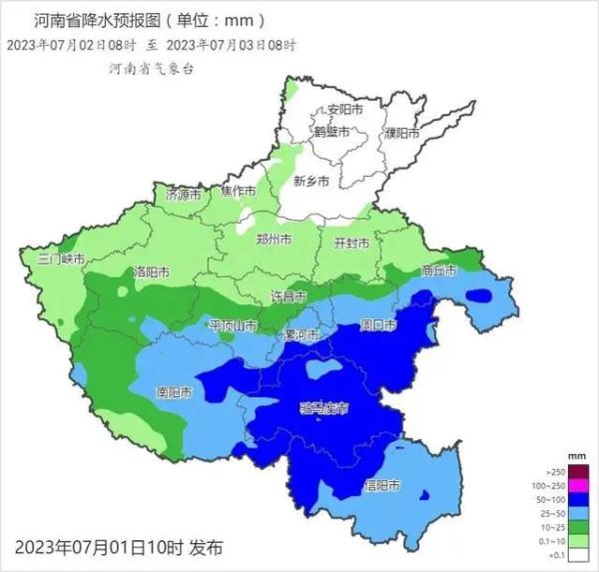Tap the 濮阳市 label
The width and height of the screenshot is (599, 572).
pyautogui.click(x=404, y=133)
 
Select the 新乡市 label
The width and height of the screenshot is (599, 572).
pyautogui.click(x=311, y=181)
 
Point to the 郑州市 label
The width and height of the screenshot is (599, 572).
pyautogui.click(x=274, y=240)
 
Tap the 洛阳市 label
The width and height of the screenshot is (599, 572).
pyautogui.click(x=151, y=272)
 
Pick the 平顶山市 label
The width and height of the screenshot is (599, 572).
pyautogui.click(x=234, y=325)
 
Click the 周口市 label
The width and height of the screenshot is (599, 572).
pyautogui.click(x=378, y=324)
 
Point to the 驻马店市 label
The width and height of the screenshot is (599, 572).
pyautogui.click(x=325, y=408)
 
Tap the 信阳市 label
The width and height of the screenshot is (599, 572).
pyautogui.click(x=380, y=486)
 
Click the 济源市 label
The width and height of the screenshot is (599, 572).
pyautogui.click(x=183, y=192)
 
